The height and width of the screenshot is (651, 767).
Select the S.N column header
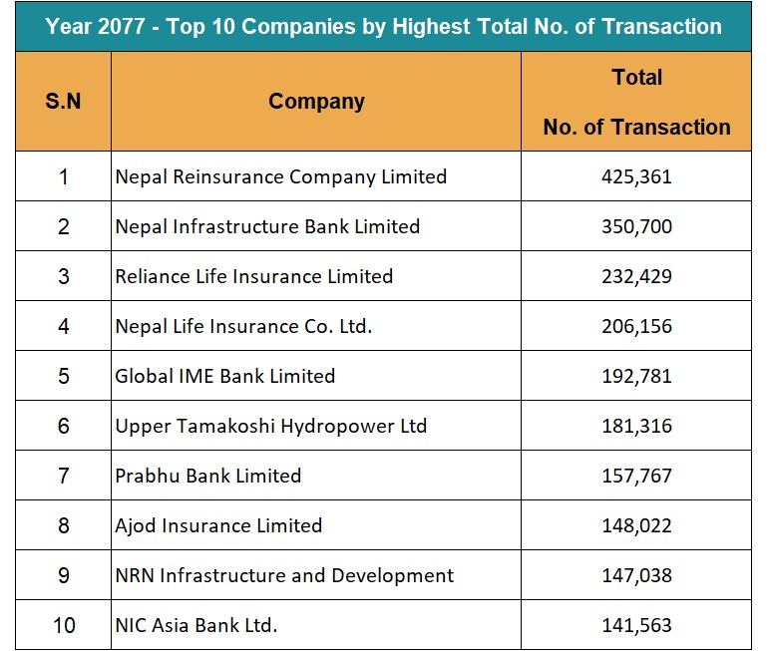(x=63, y=102)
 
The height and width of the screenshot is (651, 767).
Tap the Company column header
(x=316, y=102)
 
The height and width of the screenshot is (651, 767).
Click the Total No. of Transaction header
(x=636, y=102)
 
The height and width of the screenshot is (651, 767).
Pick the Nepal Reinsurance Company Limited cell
(x=280, y=176)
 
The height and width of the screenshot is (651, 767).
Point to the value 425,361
(x=635, y=176)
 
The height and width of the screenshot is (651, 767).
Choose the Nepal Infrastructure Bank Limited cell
(x=267, y=226)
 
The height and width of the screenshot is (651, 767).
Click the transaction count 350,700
(x=635, y=226)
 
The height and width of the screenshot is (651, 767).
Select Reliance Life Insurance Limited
(x=253, y=276)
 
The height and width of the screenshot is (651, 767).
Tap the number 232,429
(x=635, y=276)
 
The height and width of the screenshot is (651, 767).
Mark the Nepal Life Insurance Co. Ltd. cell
(x=243, y=326)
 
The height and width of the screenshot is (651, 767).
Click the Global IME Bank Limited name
(x=224, y=376)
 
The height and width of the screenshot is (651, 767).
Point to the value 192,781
(x=635, y=376)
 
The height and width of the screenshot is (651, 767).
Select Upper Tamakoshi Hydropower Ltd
(x=270, y=426)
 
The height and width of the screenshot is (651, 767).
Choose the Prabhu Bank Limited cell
(x=207, y=476)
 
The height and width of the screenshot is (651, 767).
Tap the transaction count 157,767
(x=635, y=476)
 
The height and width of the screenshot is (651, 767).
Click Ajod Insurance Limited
(x=218, y=525)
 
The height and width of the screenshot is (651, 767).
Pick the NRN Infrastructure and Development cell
(x=284, y=575)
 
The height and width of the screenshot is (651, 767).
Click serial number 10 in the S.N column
(x=63, y=625)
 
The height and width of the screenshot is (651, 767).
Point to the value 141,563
(x=635, y=625)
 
